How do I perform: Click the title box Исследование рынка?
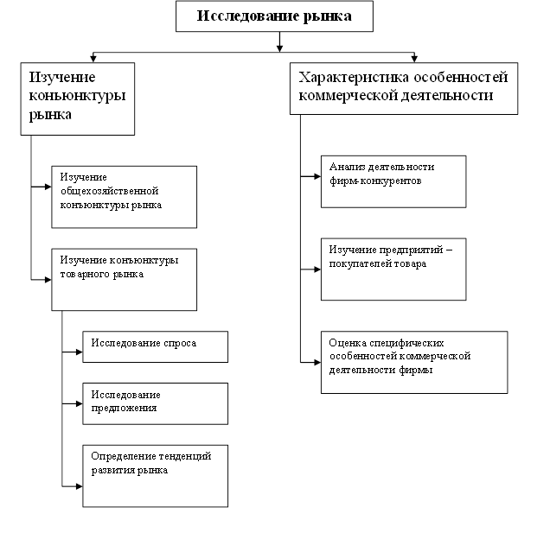pos(274,16)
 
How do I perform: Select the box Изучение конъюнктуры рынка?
pos(77,97)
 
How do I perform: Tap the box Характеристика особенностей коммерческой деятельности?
pos(404,88)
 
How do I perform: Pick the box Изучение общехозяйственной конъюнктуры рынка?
pos(124,196)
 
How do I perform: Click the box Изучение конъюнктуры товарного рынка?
pos(124,279)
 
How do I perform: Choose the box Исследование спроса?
pos(155,346)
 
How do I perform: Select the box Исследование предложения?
pos(155,403)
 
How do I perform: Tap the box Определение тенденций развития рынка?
pos(155,474)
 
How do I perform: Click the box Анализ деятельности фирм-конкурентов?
pos(393,181)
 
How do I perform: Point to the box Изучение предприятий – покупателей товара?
pos(393,269)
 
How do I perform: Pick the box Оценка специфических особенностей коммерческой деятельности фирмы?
pos(413,362)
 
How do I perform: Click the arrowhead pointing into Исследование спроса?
pos(78,352)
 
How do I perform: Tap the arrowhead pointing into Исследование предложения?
pos(78,403)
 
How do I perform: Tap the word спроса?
pos(179,343)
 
